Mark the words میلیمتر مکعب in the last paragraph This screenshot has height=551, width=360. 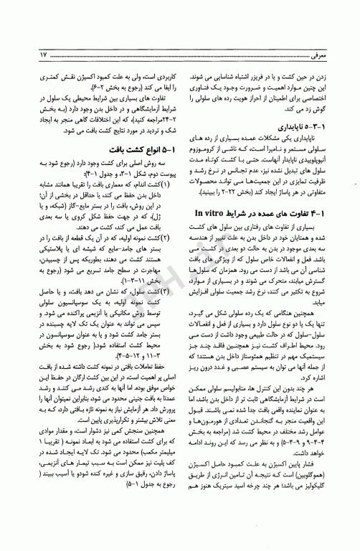144,496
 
